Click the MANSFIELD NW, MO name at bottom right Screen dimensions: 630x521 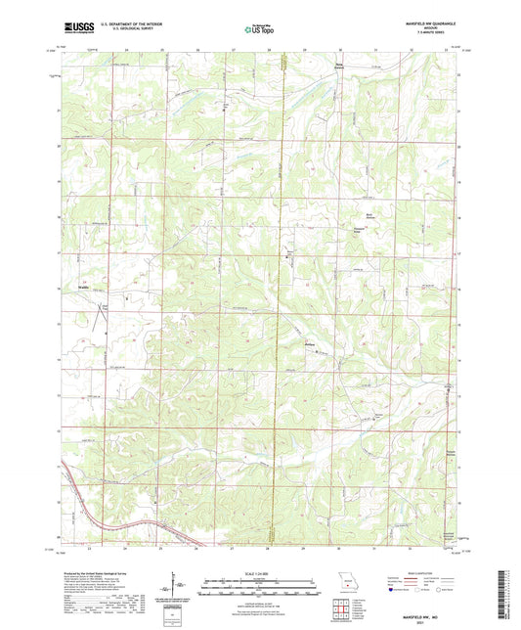[432, 612]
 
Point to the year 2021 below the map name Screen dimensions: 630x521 [432, 619]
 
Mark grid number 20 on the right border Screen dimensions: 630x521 [460, 146]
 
